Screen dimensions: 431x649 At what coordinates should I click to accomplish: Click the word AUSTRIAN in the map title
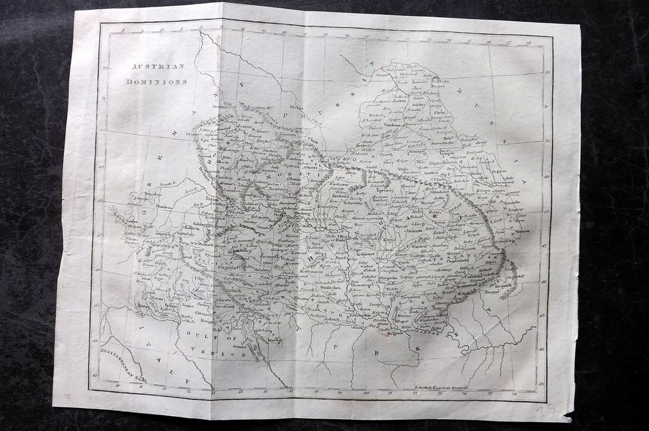coord(158,67)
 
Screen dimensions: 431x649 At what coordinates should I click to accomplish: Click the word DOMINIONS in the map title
coord(156,82)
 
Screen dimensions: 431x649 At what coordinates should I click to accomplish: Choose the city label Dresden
coord(219,107)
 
